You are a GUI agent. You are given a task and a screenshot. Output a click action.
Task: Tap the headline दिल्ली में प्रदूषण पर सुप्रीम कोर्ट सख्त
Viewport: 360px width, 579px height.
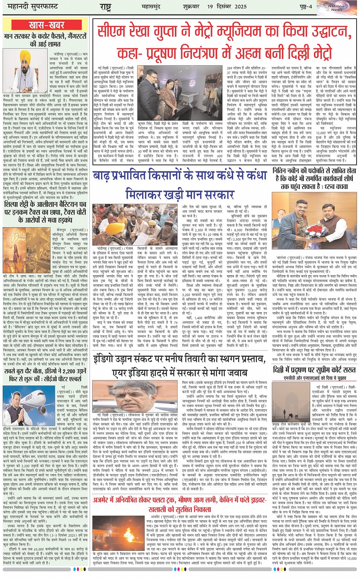click(314, 370)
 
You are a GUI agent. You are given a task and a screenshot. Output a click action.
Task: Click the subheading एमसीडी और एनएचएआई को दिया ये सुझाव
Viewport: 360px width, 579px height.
click(315, 378)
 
